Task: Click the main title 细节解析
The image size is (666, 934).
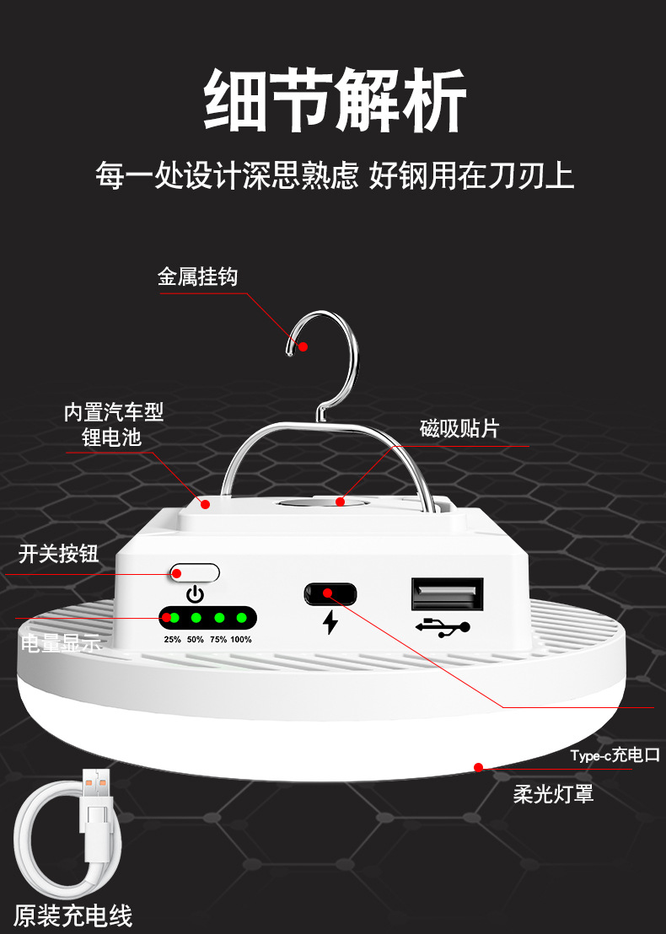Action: [x=335, y=101]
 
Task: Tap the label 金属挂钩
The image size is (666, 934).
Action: [x=197, y=276]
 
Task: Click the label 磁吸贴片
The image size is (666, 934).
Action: [x=459, y=428]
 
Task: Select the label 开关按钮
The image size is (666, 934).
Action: [x=59, y=554]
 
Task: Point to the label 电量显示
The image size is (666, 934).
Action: [x=61, y=644]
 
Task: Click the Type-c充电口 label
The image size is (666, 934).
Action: [x=615, y=754]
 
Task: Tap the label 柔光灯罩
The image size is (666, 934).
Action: [x=554, y=793]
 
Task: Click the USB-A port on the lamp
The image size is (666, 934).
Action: [x=447, y=595]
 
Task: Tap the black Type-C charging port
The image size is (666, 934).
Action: [x=330, y=593]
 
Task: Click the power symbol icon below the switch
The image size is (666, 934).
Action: [x=195, y=594]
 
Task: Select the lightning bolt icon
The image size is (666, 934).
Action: [x=330, y=623]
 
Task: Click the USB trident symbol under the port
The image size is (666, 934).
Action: [x=443, y=626]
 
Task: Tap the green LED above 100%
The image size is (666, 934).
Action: [x=242, y=618]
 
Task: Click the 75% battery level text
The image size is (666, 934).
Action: [x=218, y=640]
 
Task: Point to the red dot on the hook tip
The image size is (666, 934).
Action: [x=303, y=346]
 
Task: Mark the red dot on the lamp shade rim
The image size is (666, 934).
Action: [x=478, y=767]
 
